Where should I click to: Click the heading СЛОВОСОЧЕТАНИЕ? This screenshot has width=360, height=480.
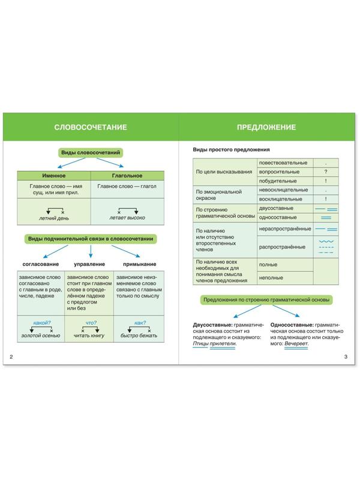point(90,127)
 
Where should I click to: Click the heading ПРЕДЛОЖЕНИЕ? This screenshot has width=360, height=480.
point(266,127)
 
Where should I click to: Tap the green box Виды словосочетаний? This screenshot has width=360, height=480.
point(90,153)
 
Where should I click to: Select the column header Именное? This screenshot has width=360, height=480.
point(53,175)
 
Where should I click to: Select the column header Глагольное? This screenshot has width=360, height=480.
point(127,175)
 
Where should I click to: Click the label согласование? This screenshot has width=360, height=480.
point(41,264)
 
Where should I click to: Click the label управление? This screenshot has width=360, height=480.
point(90,264)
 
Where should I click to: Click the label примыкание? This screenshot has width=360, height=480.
point(139,264)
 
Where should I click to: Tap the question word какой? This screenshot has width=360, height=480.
point(41,323)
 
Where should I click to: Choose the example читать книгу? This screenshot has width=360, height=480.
point(90,336)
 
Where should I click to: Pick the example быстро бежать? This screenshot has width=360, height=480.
point(139,336)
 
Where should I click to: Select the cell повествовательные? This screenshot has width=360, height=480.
point(283,163)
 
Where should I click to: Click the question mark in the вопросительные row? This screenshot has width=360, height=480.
point(325,172)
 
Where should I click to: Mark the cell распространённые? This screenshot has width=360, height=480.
point(281,247)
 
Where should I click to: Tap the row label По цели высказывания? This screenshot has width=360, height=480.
point(224,172)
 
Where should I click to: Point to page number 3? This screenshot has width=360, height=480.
point(346,358)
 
